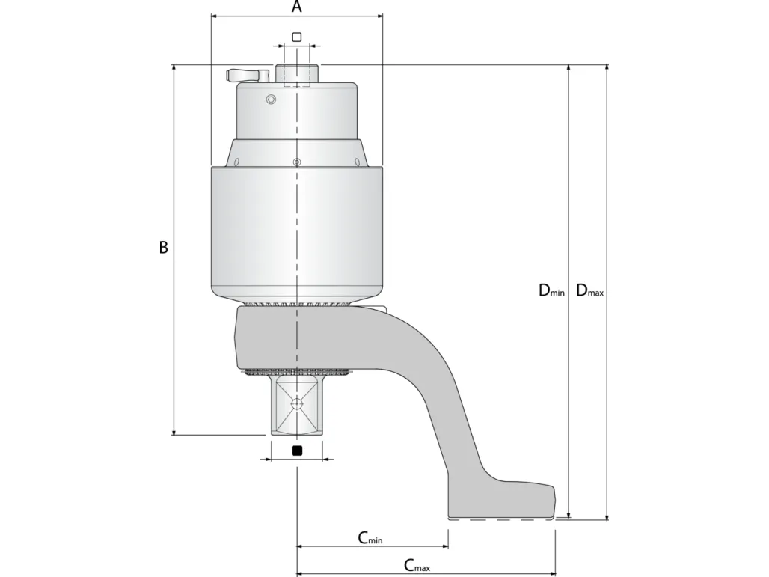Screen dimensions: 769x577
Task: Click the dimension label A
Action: click(297, 7)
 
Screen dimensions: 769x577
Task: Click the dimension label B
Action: click(163, 247)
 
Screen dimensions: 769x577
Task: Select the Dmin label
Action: click(552, 290)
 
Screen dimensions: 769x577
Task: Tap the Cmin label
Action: click(370, 538)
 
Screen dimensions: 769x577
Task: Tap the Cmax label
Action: click(417, 565)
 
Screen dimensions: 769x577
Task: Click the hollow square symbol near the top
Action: click(297, 37)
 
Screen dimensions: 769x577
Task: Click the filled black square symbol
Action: click(297, 451)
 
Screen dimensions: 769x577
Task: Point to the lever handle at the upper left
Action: click(248, 75)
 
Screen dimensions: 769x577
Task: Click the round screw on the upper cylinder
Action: click(271, 100)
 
